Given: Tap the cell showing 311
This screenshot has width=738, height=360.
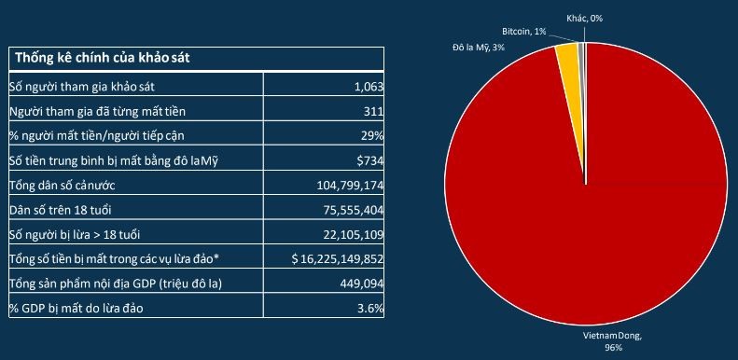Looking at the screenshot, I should click(x=369, y=112).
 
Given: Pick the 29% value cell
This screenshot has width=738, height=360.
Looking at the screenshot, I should click(x=369, y=136).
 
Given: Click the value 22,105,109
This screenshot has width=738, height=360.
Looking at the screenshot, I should click(x=346, y=233).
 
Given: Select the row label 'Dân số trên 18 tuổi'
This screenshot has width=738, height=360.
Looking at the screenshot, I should click(x=62, y=209).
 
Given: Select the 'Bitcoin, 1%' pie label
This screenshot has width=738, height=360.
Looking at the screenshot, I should click(x=524, y=31).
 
